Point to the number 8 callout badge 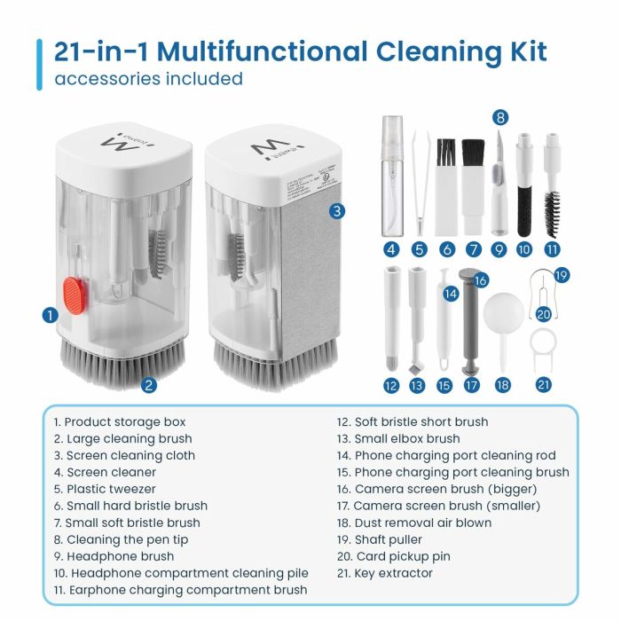501,117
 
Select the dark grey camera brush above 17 472,324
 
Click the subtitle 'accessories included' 148,79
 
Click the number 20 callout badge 543,312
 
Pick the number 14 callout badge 451,292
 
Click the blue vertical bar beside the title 39,63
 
